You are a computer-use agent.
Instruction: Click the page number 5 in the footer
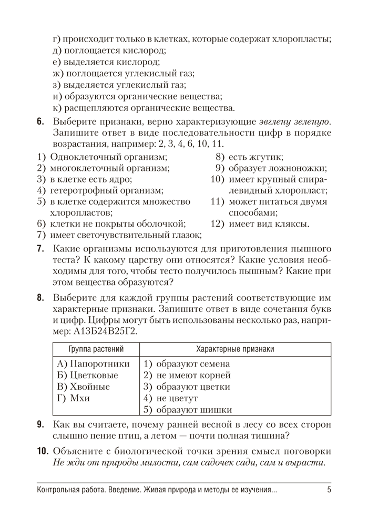[x=329, y=491]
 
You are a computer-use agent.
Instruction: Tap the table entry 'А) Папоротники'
[x=93, y=363]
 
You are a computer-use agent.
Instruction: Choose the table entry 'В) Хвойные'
[x=83, y=387]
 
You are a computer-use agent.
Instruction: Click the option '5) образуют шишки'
[x=188, y=410]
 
